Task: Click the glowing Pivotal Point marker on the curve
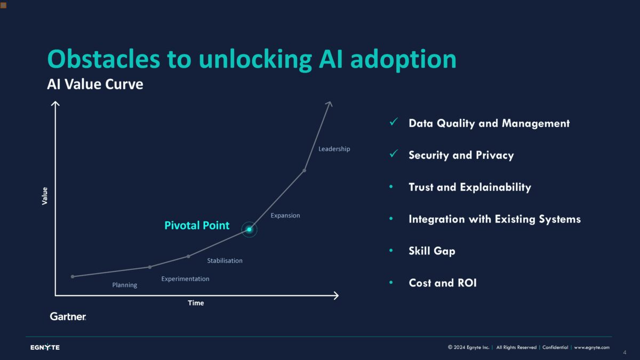[249, 229]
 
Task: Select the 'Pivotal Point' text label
[197, 226]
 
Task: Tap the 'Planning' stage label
[124, 285]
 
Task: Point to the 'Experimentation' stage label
[185, 279]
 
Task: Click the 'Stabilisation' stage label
[225, 261]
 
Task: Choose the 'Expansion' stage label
[285, 215]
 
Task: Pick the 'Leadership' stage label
[334, 149]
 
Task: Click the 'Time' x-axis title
[196, 303]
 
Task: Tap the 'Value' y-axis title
[45, 196]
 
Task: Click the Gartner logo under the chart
[68, 316]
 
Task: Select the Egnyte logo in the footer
[45, 348]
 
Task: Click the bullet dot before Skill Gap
[391, 251]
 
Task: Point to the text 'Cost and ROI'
[442, 283]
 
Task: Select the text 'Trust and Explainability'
[469, 187]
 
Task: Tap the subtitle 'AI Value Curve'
[95, 84]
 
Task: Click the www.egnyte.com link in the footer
[591, 347]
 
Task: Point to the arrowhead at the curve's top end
[330, 103]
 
